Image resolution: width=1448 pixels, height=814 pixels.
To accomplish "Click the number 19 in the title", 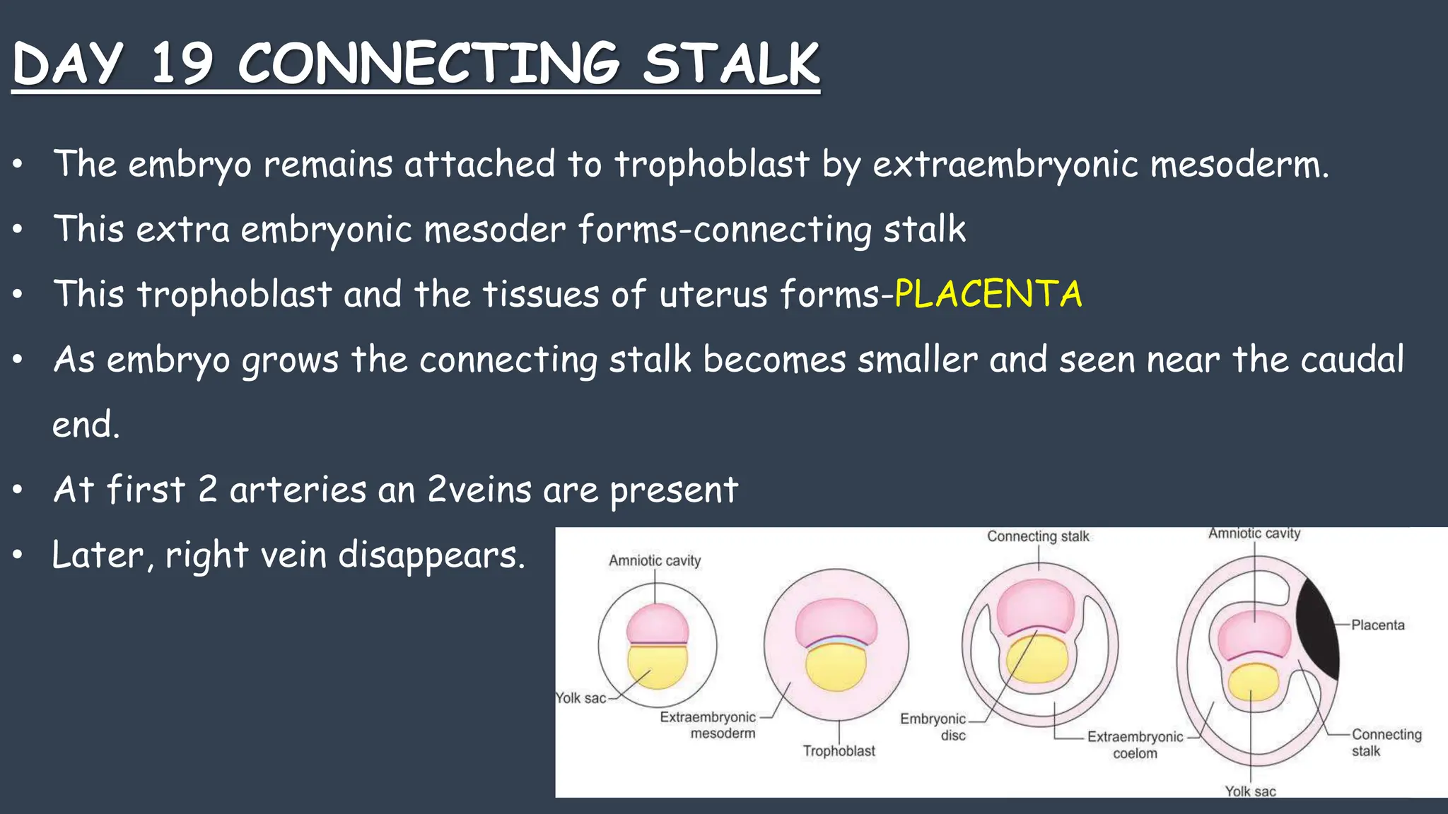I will [182, 64].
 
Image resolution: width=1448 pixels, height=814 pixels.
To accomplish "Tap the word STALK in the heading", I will [731, 64].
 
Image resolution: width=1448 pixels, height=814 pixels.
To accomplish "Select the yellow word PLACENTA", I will [988, 294].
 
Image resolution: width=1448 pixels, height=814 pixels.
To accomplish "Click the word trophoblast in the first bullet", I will [711, 164].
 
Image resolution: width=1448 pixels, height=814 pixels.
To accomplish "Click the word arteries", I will [298, 490].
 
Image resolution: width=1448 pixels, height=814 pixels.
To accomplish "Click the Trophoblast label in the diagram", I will [839, 751].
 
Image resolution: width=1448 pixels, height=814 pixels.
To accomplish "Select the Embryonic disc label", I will [933, 726].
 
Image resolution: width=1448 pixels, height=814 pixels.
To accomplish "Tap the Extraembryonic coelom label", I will [1135, 745].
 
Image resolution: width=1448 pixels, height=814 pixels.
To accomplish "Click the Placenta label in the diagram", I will [1377, 625].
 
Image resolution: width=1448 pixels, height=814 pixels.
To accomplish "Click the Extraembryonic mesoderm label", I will [708, 725].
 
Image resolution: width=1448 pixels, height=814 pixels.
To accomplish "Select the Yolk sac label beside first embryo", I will [580, 698].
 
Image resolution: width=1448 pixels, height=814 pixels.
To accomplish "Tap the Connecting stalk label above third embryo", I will [1038, 536].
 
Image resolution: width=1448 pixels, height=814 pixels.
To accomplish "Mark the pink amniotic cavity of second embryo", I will [836, 620].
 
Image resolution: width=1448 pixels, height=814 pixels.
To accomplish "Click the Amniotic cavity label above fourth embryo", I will [1254, 533].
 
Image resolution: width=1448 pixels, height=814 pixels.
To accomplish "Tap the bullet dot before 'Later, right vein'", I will [18, 555].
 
